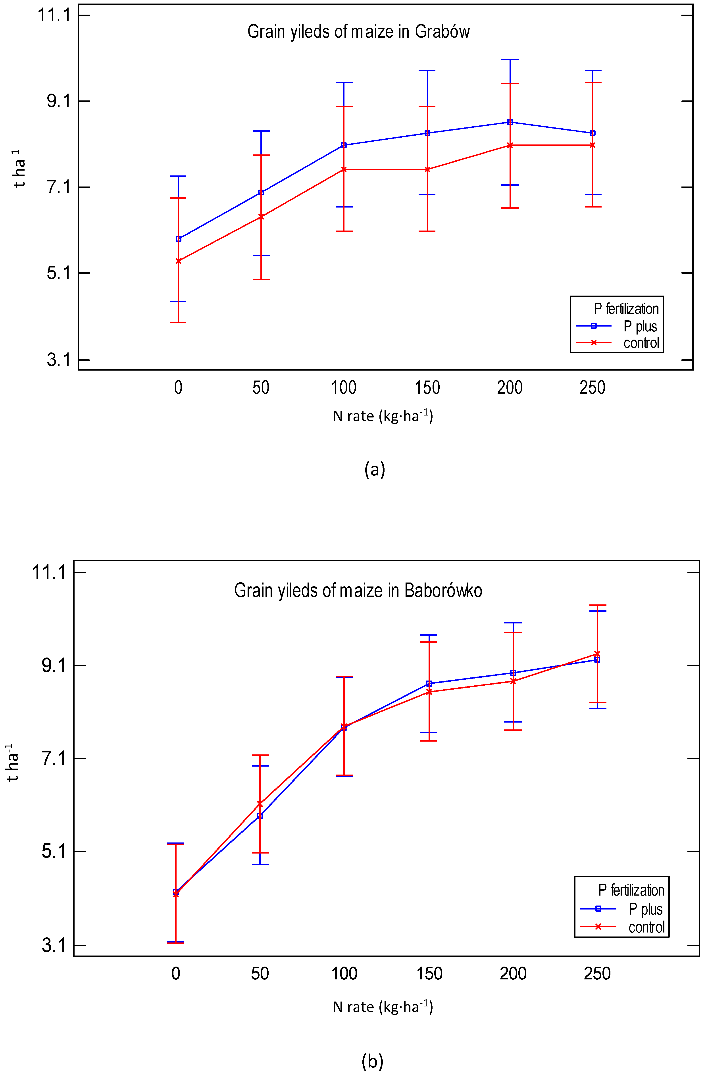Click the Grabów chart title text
(358, 32)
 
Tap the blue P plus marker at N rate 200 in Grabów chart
(510, 122)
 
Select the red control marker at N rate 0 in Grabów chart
(179, 261)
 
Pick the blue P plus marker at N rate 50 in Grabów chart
(261, 192)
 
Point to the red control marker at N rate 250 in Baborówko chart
(597, 654)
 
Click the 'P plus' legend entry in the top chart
(640, 326)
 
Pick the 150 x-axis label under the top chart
(427, 388)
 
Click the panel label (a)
(375, 469)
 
